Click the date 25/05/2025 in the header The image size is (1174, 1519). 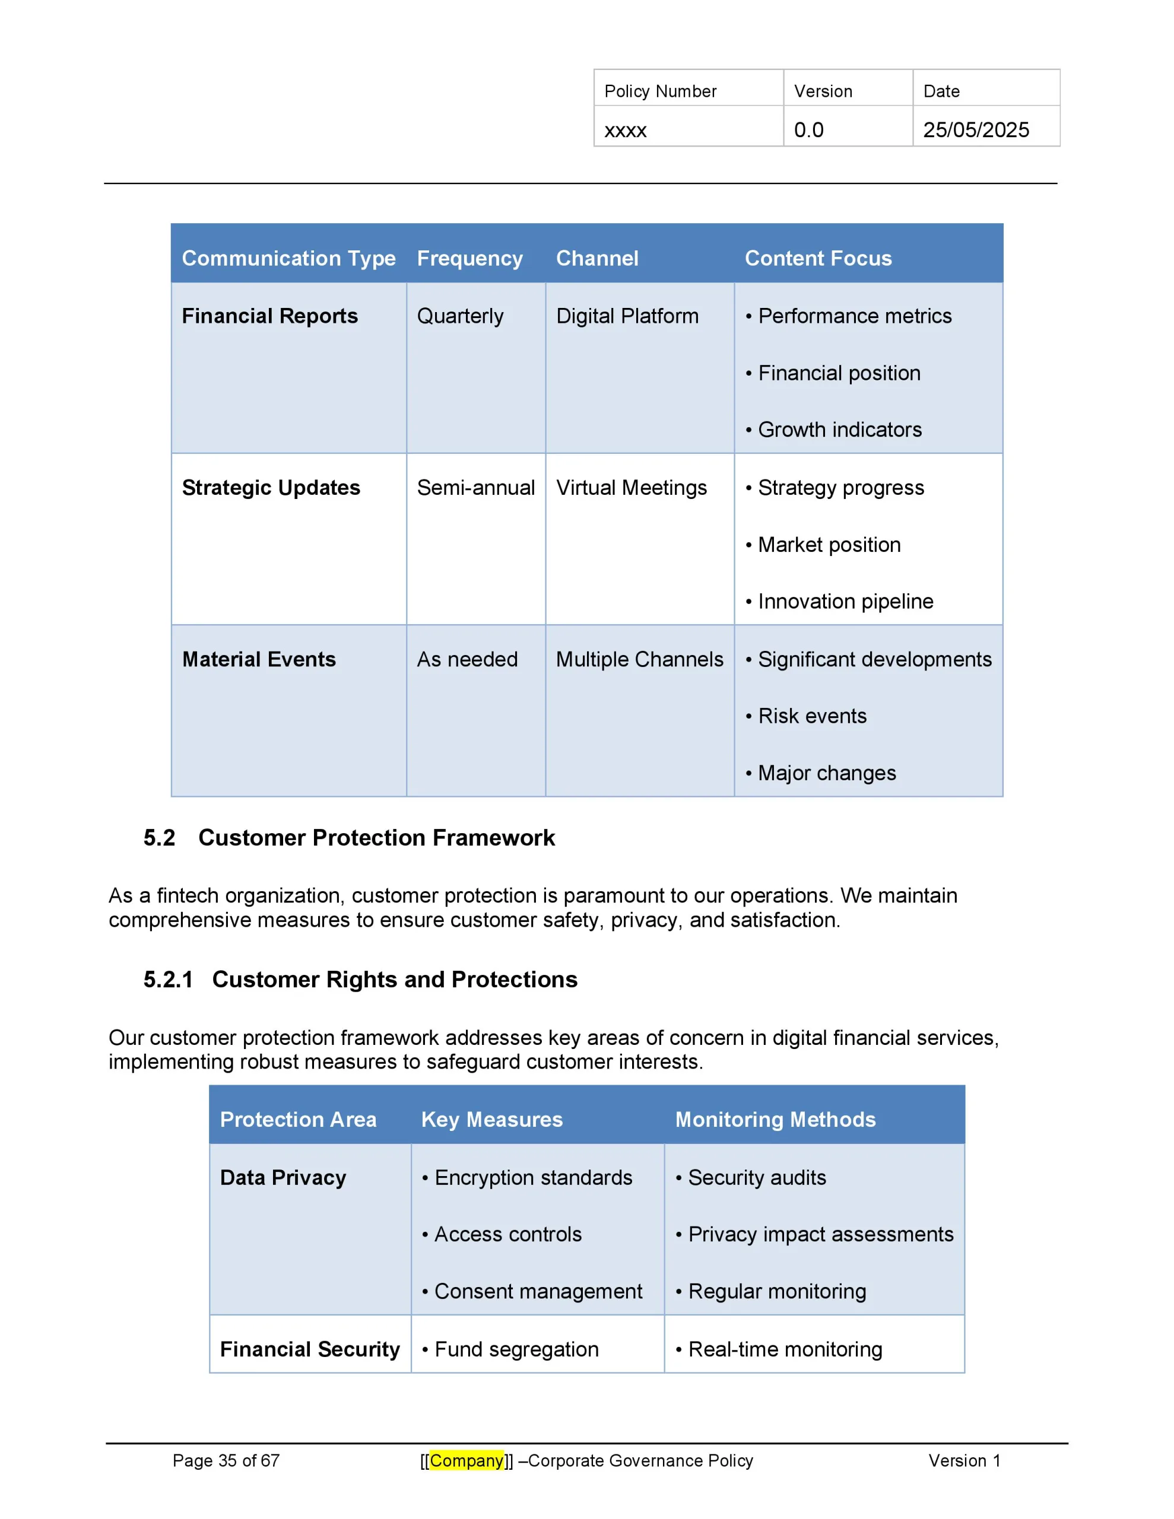pyautogui.click(x=975, y=130)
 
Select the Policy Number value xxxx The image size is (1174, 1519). pyautogui.click(x=625, y=130)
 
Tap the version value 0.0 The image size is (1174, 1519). pyautogui.click(x=808, y=130)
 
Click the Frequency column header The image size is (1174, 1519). pyautogui.click(x=469, y=258)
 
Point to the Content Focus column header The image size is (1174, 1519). pyautogui.click(x=818, y=258)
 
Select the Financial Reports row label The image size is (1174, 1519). pyautogui.click(x=269, y=316)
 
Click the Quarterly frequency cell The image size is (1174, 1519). pyautogui.click(x=460, y=316)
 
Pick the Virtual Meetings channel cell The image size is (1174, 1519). pyautogui.click(x=631, y=488)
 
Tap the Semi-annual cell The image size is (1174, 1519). pyautogui.click(x=476, y=488)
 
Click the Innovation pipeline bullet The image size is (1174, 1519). pyautogui.click(x=845, y=601)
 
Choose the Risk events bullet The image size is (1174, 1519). pyautogui.click(x=811, y=716)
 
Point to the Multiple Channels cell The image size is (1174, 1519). pyautogui.click(x=640, y=659)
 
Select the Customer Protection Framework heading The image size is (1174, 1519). pyautogui.click(x=376, y=837)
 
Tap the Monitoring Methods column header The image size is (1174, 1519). pyautogui.click(x=775, y=1119)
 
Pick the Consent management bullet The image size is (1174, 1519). pyautogui.click(x=537, y=1291)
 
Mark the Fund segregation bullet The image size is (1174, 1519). pyautogui.click(x=516, y=1349)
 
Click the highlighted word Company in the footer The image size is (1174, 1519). pyautogui.click(x=467, y=1461)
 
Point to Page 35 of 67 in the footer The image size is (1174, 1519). pyautogui.click(x=226, y=1461)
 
